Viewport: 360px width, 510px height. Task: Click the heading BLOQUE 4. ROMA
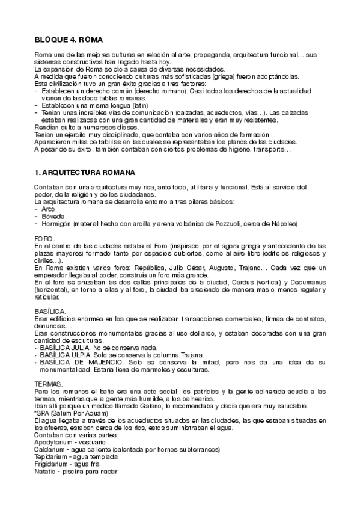click(69, 40)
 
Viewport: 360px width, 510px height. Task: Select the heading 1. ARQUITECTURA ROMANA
click(85, 172)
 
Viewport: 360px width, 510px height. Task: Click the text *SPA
click(42, 413)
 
